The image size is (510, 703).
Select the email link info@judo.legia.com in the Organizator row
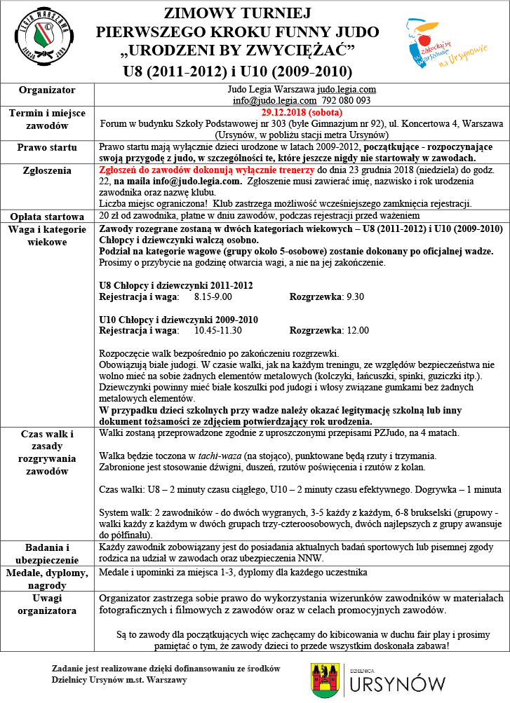tap(269, 100)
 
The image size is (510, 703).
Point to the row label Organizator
tap(48, 90)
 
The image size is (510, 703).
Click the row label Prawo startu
tap(48, 148)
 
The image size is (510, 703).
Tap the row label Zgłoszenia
tap(48, 170)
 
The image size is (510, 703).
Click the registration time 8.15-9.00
tap(205, 296)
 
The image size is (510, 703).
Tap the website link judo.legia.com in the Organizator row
tap(346, 90)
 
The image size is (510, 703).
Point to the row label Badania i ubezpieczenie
tap(48, 552)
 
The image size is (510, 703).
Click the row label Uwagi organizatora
tap(48, 604)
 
